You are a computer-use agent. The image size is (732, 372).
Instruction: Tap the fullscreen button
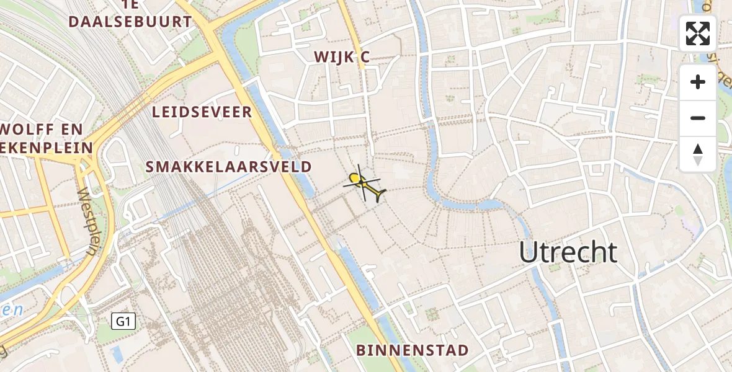[x=698, y=33]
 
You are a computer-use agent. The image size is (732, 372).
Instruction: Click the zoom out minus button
[x=698, y=118]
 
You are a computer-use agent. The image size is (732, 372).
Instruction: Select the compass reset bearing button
[x=698, y=154]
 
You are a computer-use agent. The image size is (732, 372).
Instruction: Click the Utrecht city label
[x=568, y=252]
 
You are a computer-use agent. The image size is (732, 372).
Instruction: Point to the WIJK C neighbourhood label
[x=342, y=57]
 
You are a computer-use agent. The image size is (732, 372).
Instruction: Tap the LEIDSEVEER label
[x=202, y=112]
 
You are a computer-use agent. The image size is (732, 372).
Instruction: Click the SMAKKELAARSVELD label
[x=228, y=167]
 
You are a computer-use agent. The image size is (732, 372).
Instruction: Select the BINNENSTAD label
[x=412, y=350]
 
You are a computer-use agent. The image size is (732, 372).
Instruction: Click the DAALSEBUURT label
[x=130, y=22]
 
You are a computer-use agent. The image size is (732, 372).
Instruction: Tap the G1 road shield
[x=123, y=321]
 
